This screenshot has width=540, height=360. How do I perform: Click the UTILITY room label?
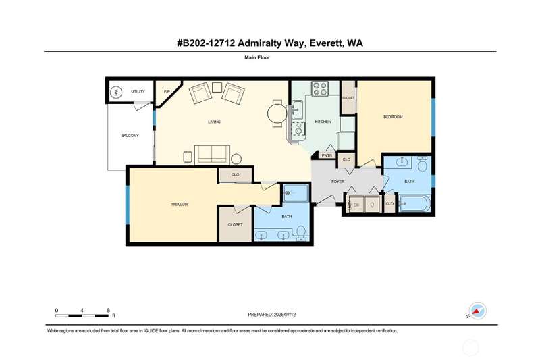tap(138, 91)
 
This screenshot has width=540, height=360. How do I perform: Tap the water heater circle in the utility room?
tap(116, 93)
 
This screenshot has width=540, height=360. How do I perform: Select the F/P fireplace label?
tap(167, 91)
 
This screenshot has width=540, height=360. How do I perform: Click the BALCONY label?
tap(130, 136)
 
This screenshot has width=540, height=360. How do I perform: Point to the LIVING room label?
tap(214, 122)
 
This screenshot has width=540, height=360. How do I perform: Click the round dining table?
tap(277, 113)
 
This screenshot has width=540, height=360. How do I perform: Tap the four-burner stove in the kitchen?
tap(320, 88)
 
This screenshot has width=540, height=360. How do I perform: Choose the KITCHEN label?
tap(323, 122)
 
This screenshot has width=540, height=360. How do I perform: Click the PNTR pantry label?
tap(327, 156)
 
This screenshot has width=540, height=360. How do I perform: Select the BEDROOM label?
tap(393, 117)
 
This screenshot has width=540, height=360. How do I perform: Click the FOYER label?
tap(338, 182)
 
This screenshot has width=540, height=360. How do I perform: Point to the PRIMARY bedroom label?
tap(180, 205)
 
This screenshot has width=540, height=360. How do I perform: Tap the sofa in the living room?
tap(212, 155)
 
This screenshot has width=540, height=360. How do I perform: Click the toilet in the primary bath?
tap(301, 233)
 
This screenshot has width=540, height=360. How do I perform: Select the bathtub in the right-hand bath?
tap(414, 203)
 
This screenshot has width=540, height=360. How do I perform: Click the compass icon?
tap(478, 311)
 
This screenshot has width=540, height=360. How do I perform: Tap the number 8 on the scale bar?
tap(108, 311)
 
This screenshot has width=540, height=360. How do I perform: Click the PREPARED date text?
tap(272, 315)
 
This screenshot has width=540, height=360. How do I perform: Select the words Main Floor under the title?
tap(257, 57)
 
